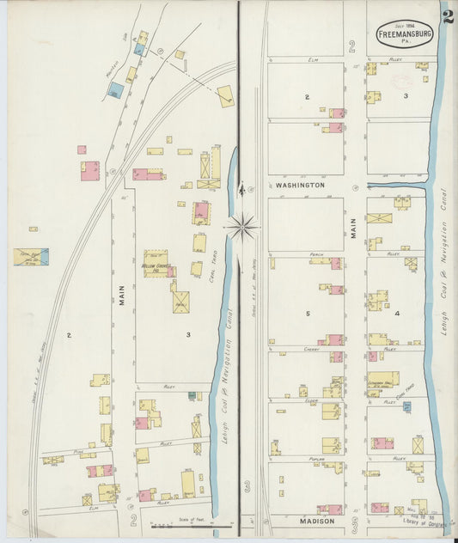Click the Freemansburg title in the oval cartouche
(404, 34)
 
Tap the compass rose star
(242, 227)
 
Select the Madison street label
(316, 522)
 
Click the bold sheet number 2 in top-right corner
(448, 16)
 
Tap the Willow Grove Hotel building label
(156, 265)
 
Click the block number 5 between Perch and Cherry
(306, 314)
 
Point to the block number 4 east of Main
(397, 314)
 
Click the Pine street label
(77, 450)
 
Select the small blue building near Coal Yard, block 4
(407, 406)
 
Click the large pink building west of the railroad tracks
(89, 170)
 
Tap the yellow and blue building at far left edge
(31, 256)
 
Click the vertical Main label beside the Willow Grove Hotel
(122, 296)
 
